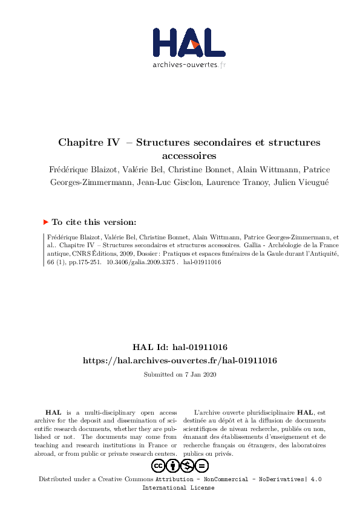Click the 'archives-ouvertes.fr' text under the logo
pos(189,64)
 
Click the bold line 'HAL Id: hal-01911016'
pos(180,347)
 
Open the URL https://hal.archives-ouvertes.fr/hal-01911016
pos(180,360)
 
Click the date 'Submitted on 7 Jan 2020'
pos(180,375)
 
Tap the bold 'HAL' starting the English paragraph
pos(53,412)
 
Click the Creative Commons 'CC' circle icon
pos(159,465)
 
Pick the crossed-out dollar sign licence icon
pos(187,465)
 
